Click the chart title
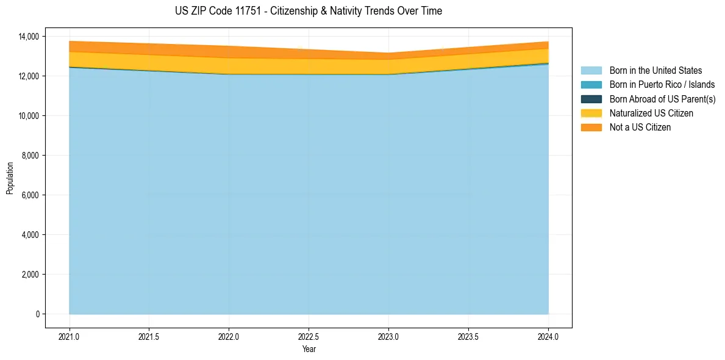[x=309, y=11]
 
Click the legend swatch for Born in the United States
[x=591, y=71]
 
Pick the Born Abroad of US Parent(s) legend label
[x=662, y=99]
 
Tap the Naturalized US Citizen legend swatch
[x=591, y=113]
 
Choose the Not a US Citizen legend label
[x=640, y=128]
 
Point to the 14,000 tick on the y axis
[x=29, y=37]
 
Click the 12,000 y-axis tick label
[x=29, y=76]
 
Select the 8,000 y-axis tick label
[x=31, y=156]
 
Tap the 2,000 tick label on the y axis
[x=31, y=275]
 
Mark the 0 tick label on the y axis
[x=37, y=314]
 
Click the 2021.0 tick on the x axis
[x=70, y=336]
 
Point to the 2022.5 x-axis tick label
[x=309, y=336]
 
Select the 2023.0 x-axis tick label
[x=388, y=336]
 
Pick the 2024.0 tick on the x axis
[x=548, y=336]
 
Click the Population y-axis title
[x=10, y=178]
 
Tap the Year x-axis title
[x=309, y=350]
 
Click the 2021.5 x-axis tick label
[x=149, y=336]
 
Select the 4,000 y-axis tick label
[x=31, y=235]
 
